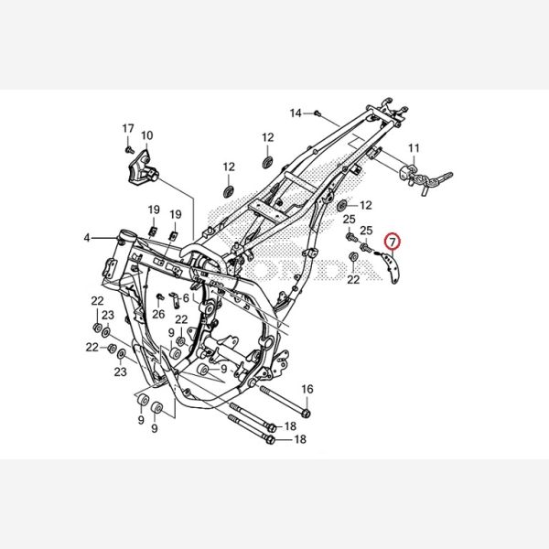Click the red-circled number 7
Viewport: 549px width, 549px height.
pyautogui.click(x=393, y=242)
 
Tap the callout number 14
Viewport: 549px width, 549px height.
pyautogui.click(x=296, y=113)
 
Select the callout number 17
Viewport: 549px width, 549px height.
pyautogui.click(x=128, y=128)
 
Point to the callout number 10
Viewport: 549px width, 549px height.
pyautogui.click(x=147, y=135)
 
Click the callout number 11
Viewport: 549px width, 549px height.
pyautogui.click(x=414, y=148)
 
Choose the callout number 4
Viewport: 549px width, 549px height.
pyautogui.click(x=87, y=238)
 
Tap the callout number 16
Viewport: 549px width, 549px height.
pyautogui.click(x=307, y=389)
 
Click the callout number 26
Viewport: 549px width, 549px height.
pyautogui.click(x=158, y=314)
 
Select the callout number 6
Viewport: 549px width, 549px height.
pyautogui.click(x=186, y=298)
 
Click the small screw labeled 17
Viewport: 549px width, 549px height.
pyautogui.click(x=129, y=150)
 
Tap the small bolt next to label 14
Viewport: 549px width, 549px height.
pyautogui.click(x=318, y=113)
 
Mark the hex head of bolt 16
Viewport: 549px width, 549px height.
pyautogui.click(x=307, y=414)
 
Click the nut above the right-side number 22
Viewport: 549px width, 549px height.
pyautogui.click(x=353, y=256)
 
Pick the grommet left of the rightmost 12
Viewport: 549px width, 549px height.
pyautogui.click(x=341, y=206)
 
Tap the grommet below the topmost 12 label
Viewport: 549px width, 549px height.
pyautogui.click(x=267, y=163)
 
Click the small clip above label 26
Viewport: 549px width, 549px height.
pyautogui.click(x=160, y=296)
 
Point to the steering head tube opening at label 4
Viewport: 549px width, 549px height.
pyautogui.click(x=125, y=234)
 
